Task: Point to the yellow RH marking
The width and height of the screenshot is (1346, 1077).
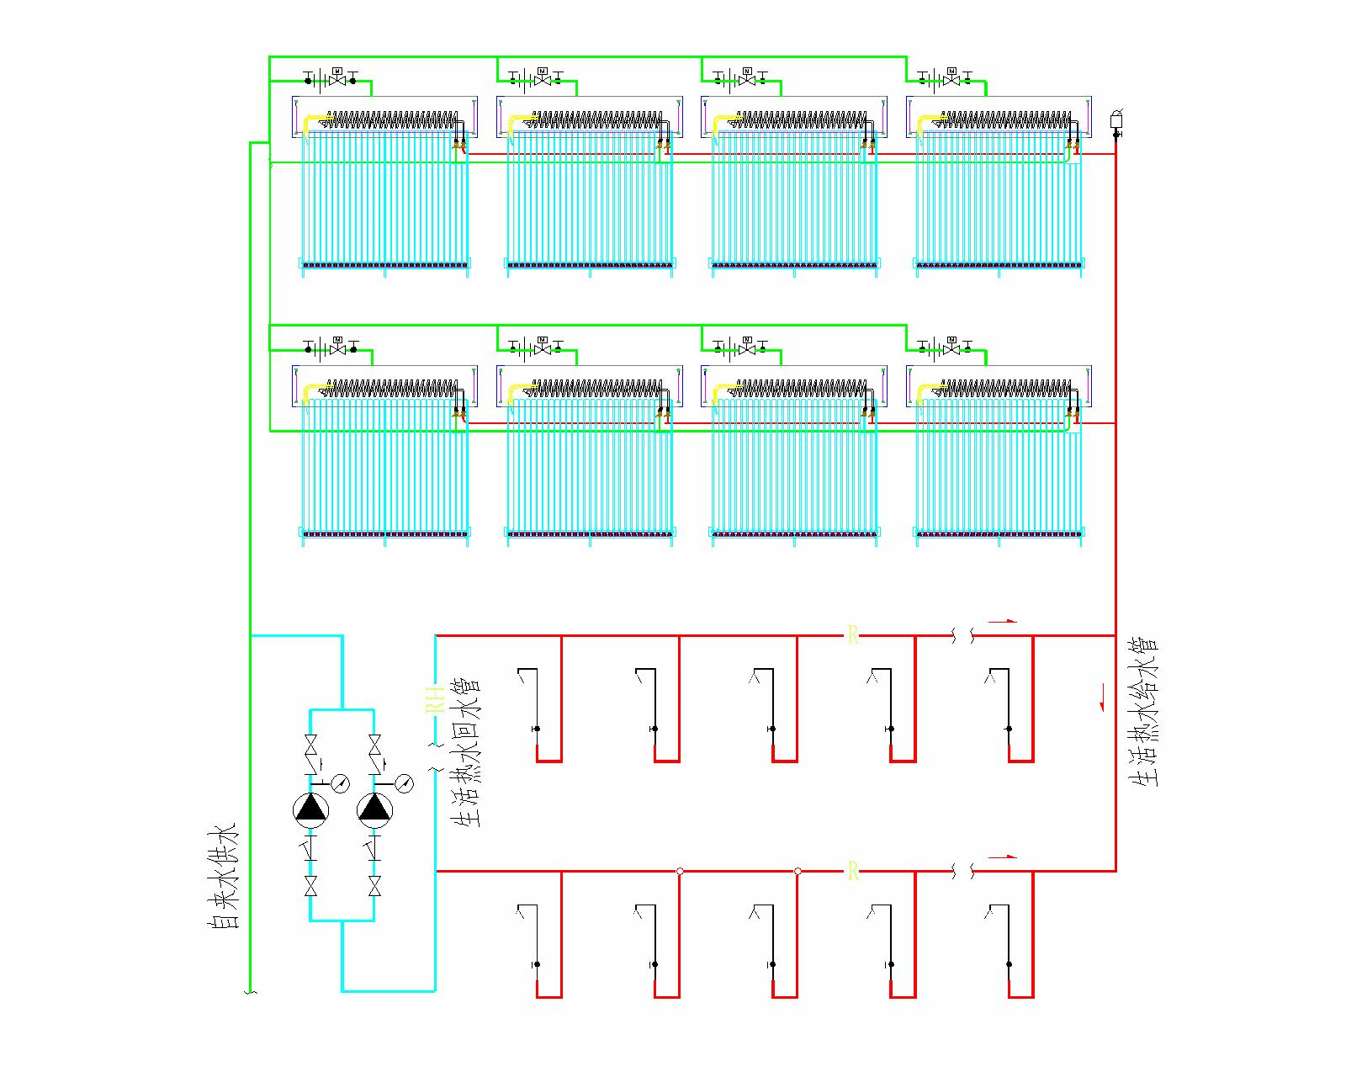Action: (x=434, y=699)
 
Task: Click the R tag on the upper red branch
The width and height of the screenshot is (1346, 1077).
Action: (x=852, y=635)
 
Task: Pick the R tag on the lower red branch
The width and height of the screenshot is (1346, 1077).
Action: (x=852, y=871)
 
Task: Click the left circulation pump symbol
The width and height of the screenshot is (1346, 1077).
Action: (x=310, y=809)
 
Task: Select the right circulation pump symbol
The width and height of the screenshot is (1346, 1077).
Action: (x=374, y=809)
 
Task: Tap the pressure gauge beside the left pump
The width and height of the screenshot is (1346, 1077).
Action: (x=340, y=783)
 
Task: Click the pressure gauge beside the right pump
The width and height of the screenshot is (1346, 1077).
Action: (x=404, y=783)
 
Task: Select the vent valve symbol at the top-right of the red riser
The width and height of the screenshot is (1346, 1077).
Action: (x=1116, y=120)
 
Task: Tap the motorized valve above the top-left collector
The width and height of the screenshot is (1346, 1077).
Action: (x=337, y=78)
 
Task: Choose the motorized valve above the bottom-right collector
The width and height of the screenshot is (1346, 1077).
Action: (x=951, y=346)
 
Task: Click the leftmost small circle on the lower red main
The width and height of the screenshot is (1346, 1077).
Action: (x=680, y=871)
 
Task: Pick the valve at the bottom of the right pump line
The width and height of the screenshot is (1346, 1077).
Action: (x=374, y=886)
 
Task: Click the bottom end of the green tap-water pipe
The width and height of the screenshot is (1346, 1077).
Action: (x=250, y=991)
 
